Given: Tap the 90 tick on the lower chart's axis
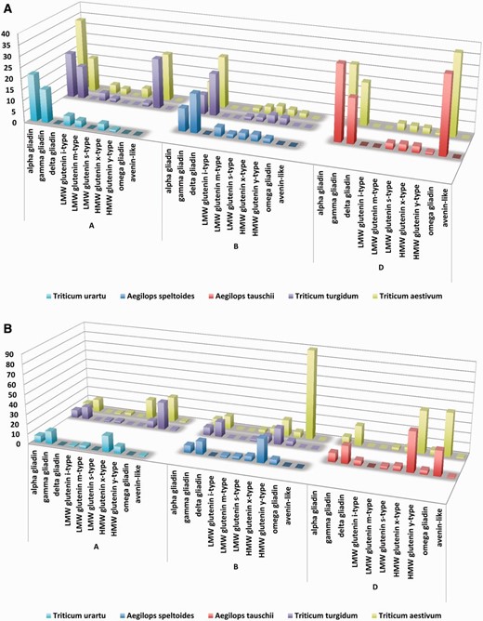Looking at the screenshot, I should [x=7, y=353].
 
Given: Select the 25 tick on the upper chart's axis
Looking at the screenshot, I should [x=7, y=69].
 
